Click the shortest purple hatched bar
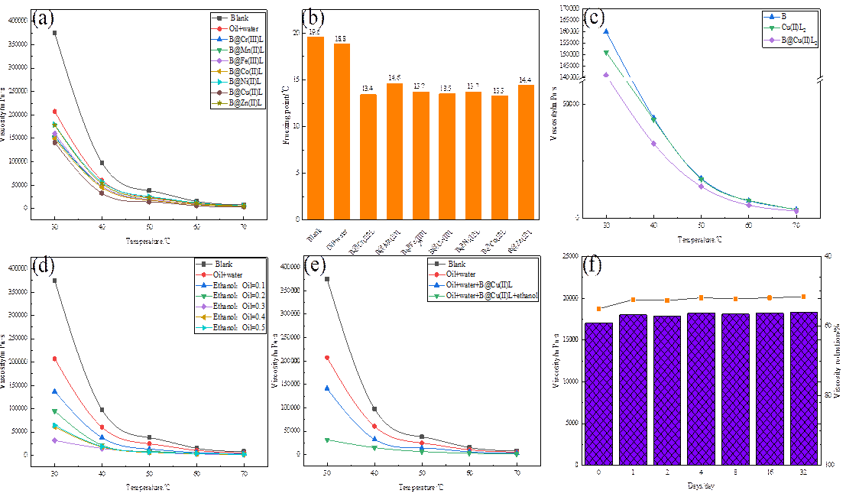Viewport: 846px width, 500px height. coord(599,393)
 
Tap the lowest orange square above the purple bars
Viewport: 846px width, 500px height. coord(599,309)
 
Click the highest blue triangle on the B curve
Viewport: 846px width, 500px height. coord(606,31)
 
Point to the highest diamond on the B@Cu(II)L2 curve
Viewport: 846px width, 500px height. coord(606,75)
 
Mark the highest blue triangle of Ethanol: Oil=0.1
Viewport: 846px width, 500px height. coord(54,391)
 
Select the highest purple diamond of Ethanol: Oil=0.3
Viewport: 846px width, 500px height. coord(54,440)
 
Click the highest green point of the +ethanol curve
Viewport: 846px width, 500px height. coord(327,440)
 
